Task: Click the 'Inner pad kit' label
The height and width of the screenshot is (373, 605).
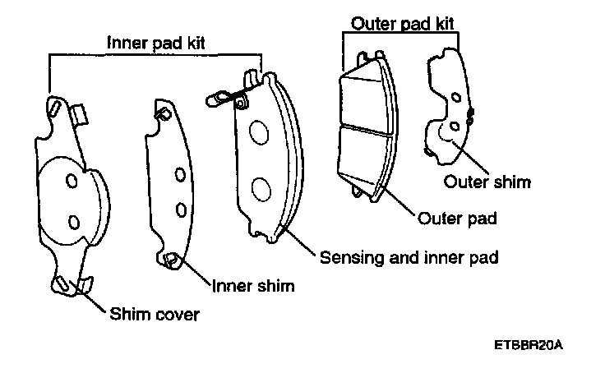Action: pos(155,40)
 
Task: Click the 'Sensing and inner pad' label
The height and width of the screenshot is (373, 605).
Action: pos(408,258)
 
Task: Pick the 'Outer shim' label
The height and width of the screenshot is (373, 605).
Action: pos(487,182)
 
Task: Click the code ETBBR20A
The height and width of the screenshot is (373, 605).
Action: pos(529,346)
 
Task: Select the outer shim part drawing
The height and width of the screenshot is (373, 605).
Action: pos(448,107)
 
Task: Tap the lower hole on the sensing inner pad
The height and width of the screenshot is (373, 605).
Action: pos(261,188)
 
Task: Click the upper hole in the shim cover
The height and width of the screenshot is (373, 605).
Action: pos(72,180)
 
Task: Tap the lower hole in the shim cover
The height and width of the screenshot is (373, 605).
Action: pos(72,220)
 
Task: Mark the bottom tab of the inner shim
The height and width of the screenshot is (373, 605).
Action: pos(172,260)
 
